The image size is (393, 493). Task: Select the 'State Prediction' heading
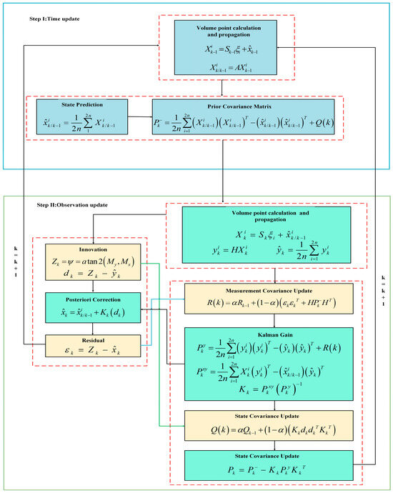point(84,105)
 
